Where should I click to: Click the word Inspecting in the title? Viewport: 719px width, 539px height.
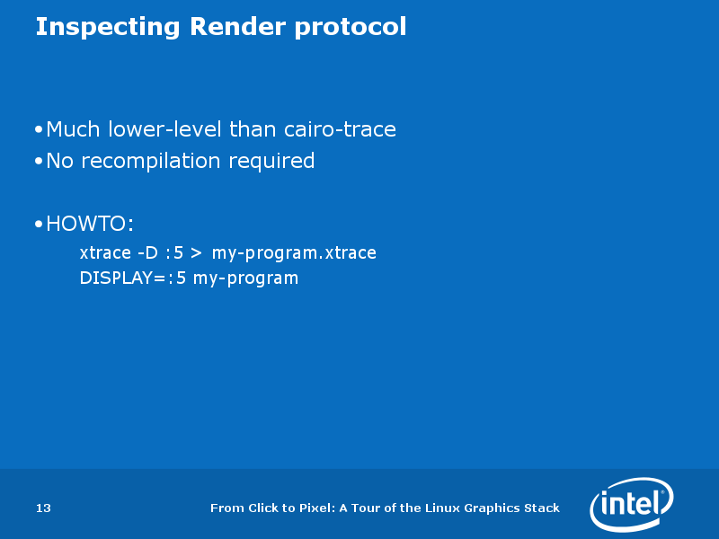click(107, 27)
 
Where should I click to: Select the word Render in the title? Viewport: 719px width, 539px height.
click(236, 27)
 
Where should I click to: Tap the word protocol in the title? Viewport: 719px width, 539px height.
click(351, 27)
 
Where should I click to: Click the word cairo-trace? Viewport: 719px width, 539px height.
click(340, 129)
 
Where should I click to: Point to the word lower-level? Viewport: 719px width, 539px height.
click(165, 129)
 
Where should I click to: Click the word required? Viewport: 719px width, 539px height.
click(271, 162)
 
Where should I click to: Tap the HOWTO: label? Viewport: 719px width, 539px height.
click(90, 224)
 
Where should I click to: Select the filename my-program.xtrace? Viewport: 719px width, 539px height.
click(294, 253)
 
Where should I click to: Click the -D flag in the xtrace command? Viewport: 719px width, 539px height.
click(147, 252)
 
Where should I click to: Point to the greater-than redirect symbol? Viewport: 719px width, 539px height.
click(196, 253)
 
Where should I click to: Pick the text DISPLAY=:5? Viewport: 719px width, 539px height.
click(133, 278)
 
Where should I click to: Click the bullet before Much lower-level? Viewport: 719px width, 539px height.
click(39, 129)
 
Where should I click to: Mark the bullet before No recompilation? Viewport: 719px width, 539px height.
click(39, 162)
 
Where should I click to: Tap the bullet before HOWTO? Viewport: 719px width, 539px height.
click(39, 224)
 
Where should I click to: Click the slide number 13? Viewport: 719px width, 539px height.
click(43, 508)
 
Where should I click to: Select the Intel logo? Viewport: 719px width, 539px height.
click(632, 504)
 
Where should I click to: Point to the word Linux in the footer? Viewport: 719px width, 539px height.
click(442, 508)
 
